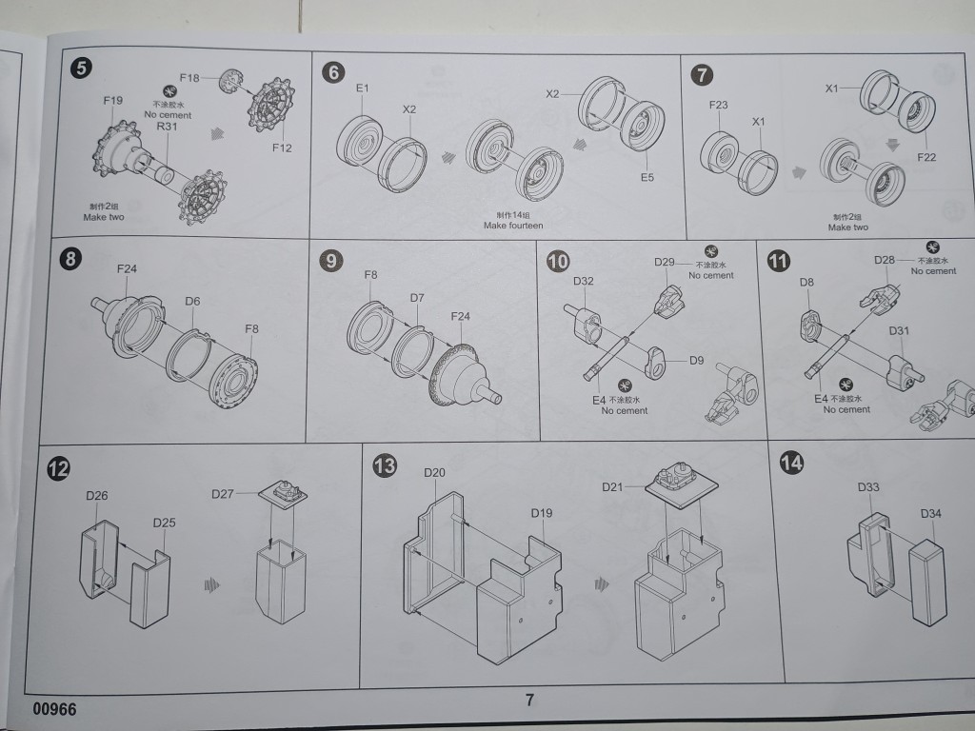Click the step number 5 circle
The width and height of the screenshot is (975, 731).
coord(82,69)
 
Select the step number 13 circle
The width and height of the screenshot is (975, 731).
coord(386,465)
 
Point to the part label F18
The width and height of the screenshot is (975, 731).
coord(189,77)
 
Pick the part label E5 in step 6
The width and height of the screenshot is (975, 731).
coord(647,177)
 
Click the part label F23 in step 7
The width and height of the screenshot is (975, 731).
coord(719,105)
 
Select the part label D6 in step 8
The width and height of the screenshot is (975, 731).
coord(192,302)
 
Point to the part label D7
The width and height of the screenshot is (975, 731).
coord(417,298)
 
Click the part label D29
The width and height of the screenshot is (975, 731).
coord(665,262)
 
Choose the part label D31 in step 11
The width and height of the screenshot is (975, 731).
coord(900,331)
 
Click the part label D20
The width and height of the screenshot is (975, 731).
coord(435,473)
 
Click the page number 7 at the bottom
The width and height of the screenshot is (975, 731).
coord(529,700)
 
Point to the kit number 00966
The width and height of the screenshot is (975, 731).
coord(54,709)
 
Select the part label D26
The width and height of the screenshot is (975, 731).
coord(96,495)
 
